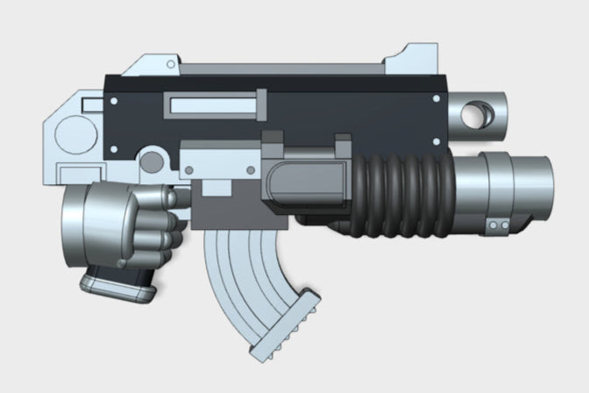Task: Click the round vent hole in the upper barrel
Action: (477, 113)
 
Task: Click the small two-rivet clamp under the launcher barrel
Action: (498, 227)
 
